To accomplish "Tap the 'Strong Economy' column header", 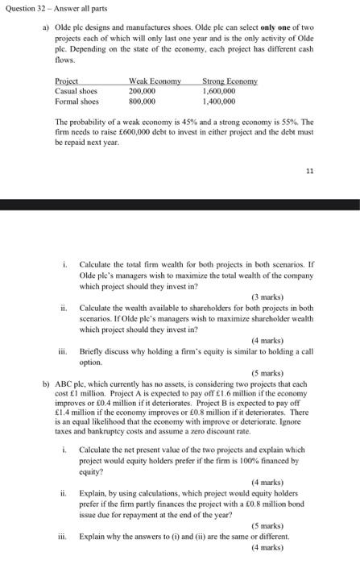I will coord(230,81).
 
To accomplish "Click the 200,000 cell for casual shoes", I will coord(142,92).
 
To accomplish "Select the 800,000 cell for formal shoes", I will coord(142,102).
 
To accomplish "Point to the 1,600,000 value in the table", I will coord(218,92).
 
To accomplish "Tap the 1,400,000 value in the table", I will coord(218,102).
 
